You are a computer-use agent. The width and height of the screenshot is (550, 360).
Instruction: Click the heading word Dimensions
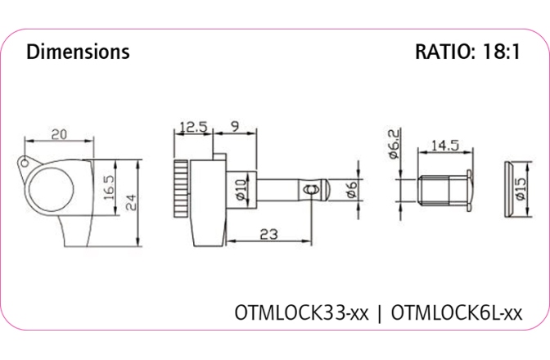pyautogui.click(x=78, y=52)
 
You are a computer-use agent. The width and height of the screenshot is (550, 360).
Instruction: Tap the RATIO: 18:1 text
pyautogui.click(x=467, y=52)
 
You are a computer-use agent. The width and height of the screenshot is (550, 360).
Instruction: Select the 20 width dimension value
pyautogui.click(x=59, y=133)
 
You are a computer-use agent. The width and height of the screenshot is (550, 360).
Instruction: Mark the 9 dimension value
pyautogui.click(x=234, y=128)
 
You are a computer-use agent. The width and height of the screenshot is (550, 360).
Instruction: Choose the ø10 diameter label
pyautogui.click(x=241, y=190)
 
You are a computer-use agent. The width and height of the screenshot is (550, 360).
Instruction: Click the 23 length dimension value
pyautogui.click(x=268, y=233)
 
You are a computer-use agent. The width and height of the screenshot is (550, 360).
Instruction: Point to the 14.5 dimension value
pyautogui.click(x=444, y=145)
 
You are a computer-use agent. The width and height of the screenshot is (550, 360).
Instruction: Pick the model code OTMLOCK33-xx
pyautogui.click(x=302, y=313)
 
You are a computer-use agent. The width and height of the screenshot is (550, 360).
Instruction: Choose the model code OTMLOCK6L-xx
pyautogui.click(x=457, y=313)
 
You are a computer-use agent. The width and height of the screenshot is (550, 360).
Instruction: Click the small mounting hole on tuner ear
pyautogui.click(x=27, y=162)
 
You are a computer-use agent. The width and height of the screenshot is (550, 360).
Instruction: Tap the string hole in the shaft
pyautogui.click(x=309, y=190)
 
